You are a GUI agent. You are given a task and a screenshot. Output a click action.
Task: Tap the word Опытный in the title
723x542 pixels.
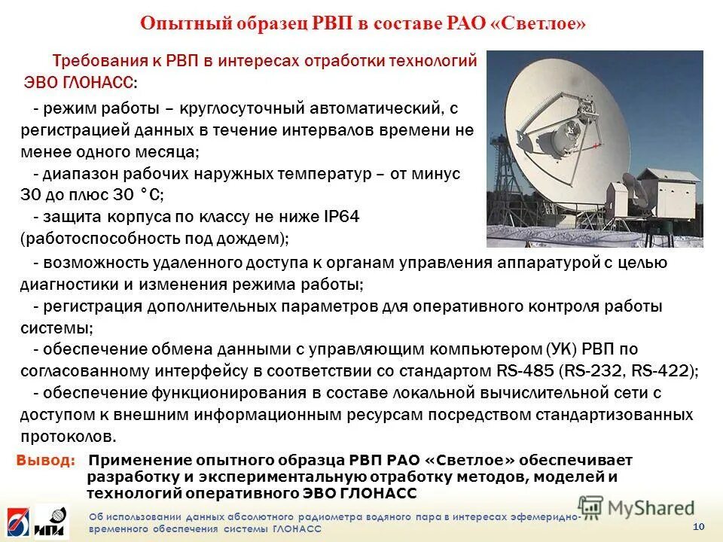[178, 23]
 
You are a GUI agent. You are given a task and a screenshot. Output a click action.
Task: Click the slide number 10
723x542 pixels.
[697, 525]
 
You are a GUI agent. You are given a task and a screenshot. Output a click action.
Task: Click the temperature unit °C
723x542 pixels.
[148, 195]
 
